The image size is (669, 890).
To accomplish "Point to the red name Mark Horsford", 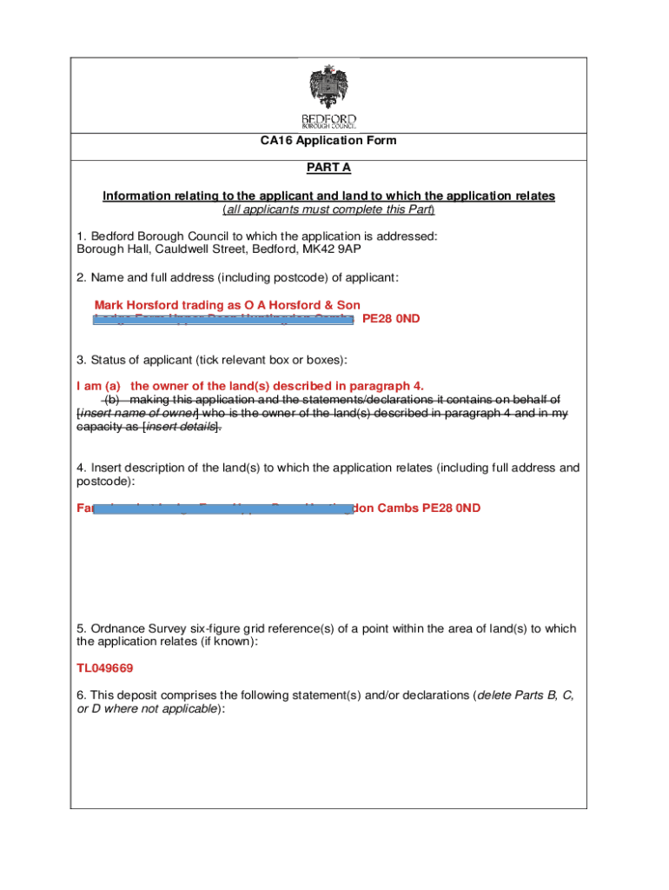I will [136, 305].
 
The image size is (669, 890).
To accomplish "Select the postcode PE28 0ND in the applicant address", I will [391, 319].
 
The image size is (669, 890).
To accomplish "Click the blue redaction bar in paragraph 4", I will [222, 508].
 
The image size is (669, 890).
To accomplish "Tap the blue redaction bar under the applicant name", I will [223, 320].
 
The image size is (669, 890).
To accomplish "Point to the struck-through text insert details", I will [180, 427].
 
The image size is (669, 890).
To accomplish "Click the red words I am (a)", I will [98, 385].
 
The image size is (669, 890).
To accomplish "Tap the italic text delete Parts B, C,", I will [524, 695].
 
